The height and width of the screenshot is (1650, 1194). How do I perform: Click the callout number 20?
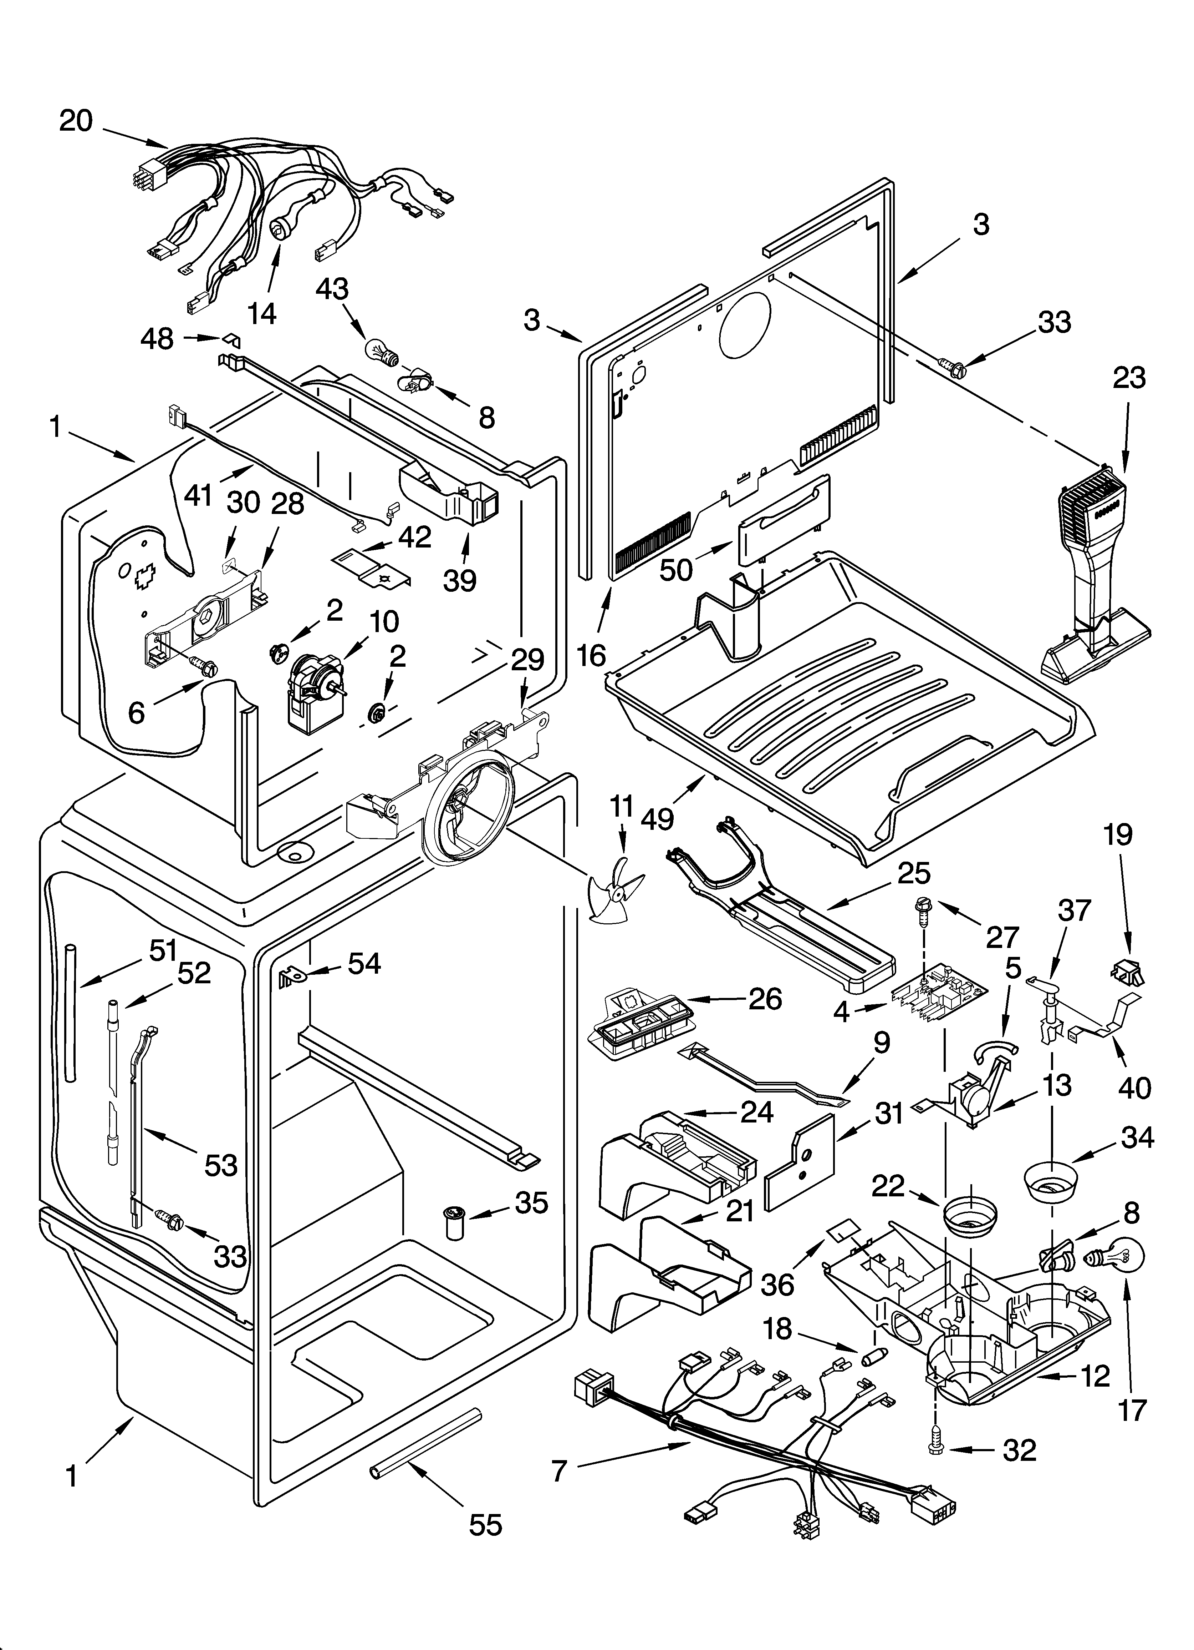76,121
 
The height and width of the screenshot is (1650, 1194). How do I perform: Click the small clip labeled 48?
231,340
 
